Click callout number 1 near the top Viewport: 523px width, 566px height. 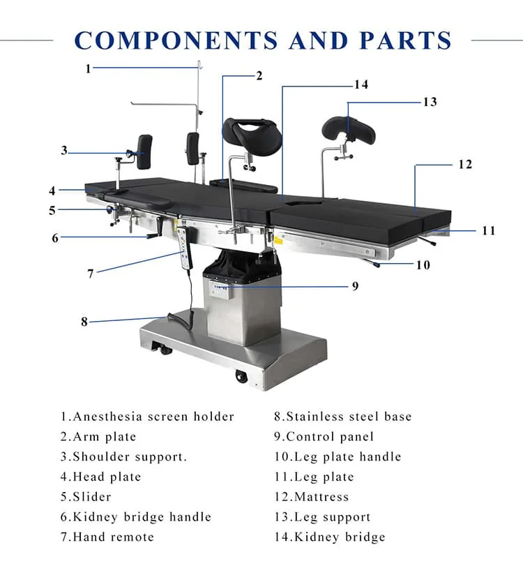pyautogui.click(x=88, y=68)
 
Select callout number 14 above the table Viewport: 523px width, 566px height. pyautogui.click(x=361, y=84)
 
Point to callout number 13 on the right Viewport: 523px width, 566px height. pyautogui.click(x=430, y=102)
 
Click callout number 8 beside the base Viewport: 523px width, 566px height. pyautogui.click(x=84, y=322)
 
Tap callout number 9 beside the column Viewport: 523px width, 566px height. pyautogui.click(x=355, y=286)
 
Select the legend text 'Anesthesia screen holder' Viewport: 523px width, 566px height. pyautogui.click(x=147, y=417)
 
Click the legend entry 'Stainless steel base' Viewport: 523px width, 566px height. pyautogui.click(x=342, y=417)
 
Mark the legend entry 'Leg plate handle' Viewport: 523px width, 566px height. pyautogui.click(x=338, y=457)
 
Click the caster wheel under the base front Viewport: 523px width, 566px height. pyautogui.click(x=241, y=377)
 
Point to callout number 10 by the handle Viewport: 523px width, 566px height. pyautogui.click(x=423, y=265)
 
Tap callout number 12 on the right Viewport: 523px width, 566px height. pyautogui.click(x=465, y=165)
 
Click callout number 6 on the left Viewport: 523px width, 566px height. pyautogui.click(x=55, y=238)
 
